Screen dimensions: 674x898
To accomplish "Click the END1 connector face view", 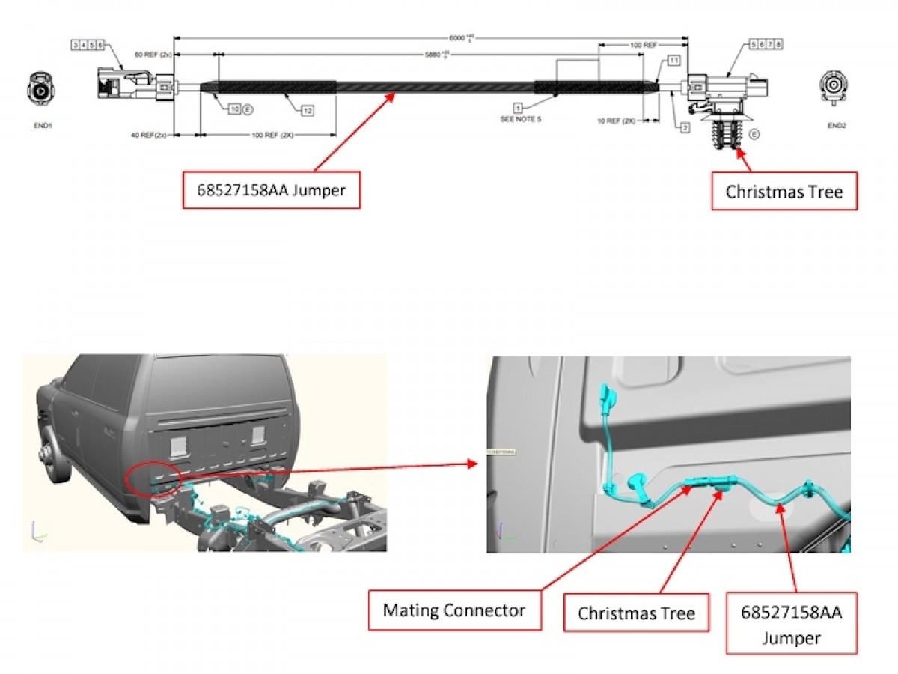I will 42,90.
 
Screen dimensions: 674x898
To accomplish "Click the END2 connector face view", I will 835,88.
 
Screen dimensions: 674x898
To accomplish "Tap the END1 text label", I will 42,126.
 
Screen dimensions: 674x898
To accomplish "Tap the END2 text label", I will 836,126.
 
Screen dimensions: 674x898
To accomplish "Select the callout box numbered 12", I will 308,110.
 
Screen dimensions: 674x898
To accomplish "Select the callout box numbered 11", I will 673,60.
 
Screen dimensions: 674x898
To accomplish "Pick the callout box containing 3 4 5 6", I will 88,45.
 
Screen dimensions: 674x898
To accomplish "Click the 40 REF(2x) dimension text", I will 148,135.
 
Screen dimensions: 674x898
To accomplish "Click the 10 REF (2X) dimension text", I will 617,120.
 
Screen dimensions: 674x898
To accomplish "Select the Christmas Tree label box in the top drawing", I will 784,192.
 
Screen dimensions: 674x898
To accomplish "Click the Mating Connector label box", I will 453,610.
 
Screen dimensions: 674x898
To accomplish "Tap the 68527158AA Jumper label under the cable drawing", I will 272,190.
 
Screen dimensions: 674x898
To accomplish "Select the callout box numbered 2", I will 684,128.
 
